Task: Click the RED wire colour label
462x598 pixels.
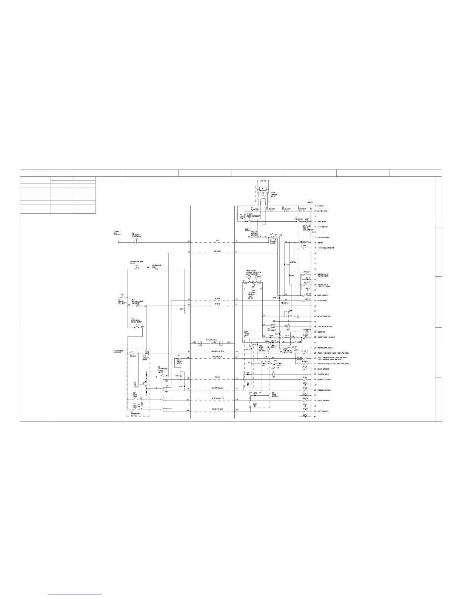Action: [x=217, y=240]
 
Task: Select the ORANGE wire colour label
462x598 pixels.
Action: [x=217, y=251]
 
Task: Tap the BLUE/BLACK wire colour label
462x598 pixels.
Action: [x=218, y=409]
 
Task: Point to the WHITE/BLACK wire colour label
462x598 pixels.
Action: [x=218, y=388]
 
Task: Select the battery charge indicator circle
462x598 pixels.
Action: [x=138, y=306]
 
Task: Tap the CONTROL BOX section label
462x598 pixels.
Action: [x=117, y=232]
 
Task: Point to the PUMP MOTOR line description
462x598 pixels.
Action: [x=321, y=222]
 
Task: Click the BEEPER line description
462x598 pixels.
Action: [x=320, y=243]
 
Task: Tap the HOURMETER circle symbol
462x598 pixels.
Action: [x=307, y=332]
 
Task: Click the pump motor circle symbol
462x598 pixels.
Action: [x=307, y=222]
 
